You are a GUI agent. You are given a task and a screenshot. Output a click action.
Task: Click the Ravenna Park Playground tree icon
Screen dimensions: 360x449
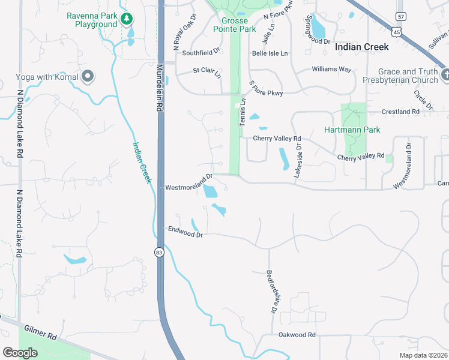click(x=126, y=19)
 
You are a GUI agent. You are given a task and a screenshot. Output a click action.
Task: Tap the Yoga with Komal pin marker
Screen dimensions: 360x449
click(x=88, y=76)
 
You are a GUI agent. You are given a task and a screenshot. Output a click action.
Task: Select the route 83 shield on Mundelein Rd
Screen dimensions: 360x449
click(x=158, y=252)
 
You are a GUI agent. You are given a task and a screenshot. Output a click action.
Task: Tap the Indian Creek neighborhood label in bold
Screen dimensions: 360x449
click(x=361, y=47)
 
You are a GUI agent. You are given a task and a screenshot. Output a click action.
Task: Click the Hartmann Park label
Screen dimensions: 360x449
click(x=352, y=130)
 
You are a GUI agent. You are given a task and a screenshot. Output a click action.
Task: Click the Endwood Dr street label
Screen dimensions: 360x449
click(x=185, y=232)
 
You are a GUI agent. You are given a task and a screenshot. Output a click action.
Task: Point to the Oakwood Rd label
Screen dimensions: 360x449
click(x=297, y=335)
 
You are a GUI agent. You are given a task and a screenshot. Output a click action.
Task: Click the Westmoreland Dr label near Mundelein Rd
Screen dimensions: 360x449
click(x=190, y=182)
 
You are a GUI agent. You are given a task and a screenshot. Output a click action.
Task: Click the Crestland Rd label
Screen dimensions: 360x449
click(x=401, y=112)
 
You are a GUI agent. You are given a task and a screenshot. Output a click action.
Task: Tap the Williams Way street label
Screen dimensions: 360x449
click(x=331, y=70)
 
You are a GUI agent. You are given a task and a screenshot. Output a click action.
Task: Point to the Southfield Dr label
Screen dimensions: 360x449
click(x=202, y=53)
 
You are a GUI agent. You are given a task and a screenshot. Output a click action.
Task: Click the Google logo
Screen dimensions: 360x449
click(x=20, y=352)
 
